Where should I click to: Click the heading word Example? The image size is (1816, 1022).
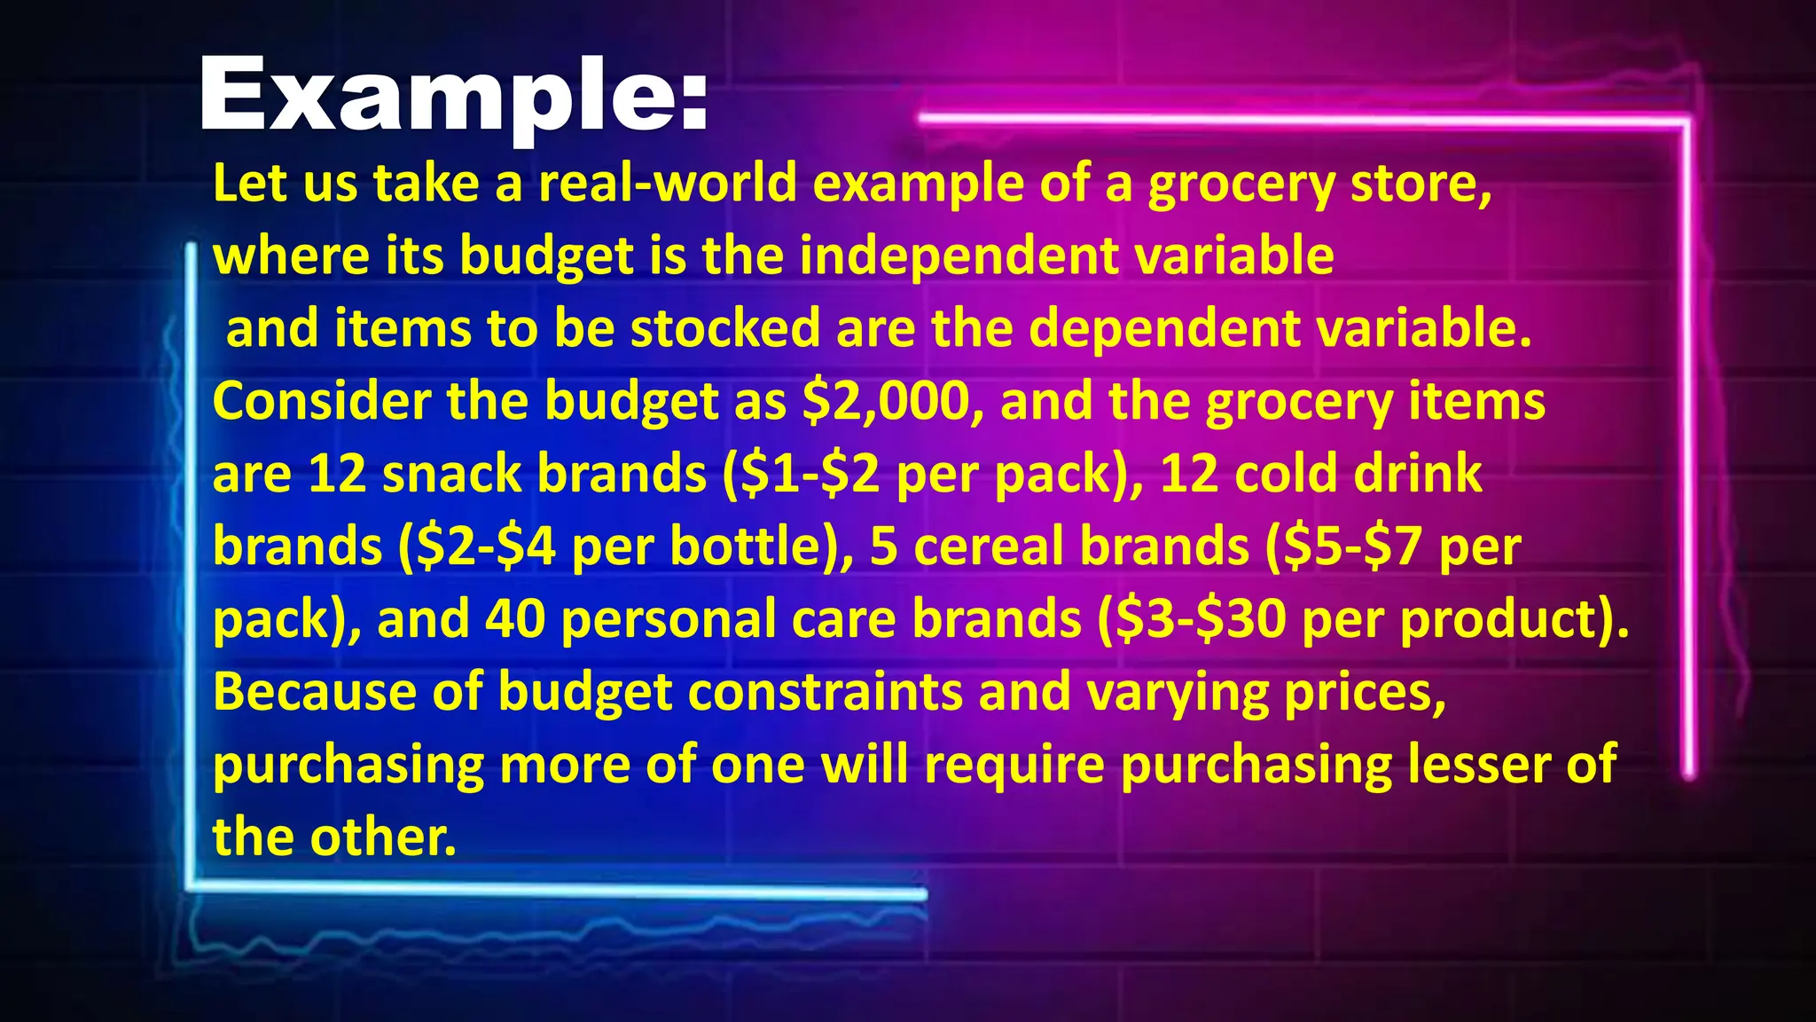453,96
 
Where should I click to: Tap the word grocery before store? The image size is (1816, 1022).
1241,184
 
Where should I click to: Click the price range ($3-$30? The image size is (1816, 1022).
1191,619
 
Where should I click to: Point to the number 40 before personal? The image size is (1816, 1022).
514,619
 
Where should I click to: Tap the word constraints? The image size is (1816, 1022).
825,692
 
